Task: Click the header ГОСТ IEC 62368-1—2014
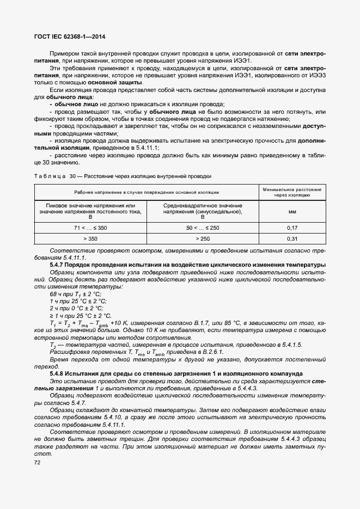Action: click(70, 37)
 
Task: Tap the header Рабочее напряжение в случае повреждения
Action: click(147, 192)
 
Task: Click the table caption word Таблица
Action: click(51, 176)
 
